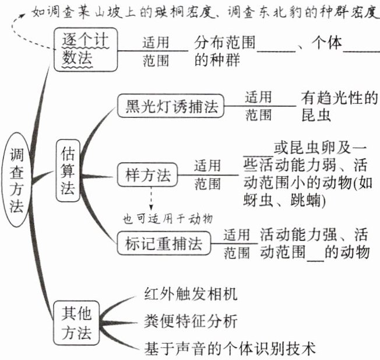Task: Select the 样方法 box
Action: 147,174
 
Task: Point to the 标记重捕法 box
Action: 164,244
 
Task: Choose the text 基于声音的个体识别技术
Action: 230,349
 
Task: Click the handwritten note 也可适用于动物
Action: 167,219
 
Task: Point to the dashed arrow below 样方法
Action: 150,199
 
